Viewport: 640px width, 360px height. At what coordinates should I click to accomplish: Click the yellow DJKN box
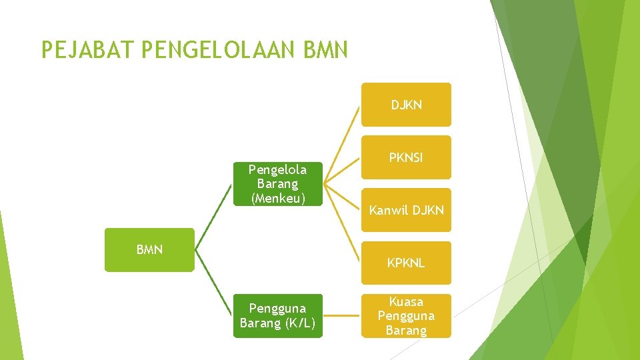[x=406, y=105]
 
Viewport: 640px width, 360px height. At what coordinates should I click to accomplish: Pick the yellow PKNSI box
[x=406, y=158]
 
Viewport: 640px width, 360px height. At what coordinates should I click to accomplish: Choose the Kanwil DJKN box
[x=406, y=210]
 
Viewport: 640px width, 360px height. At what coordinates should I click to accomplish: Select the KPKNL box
[x=406, y=263]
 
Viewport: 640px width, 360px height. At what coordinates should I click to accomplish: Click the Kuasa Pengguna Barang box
[x=406, y=315]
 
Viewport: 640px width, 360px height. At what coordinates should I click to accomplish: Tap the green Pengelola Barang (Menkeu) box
[x=278, y=183]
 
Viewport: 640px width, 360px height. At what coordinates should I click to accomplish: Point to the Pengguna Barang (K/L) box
[x=277, y=315]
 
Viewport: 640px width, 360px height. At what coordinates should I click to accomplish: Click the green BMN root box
[x=149, y=250]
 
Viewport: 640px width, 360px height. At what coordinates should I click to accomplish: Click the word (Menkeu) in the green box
[x=278, y=198]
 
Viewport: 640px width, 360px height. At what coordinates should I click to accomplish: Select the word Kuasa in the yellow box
[x=406, y=301]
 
